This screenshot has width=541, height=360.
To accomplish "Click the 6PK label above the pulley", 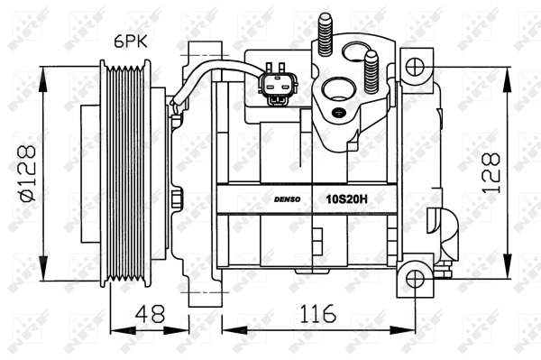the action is click(x=131, y=42).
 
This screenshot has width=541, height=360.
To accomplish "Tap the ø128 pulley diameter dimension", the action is click(x=28, y=173).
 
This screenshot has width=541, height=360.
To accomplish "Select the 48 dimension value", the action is click(x=150, y=313).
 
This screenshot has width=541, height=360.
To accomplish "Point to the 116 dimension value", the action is click(x=317, y=313).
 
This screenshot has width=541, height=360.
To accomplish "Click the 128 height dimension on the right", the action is click(x=491, y=173).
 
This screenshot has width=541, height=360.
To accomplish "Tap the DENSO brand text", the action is click(x=287, y=199).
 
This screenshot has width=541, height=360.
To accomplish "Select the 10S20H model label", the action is click(x=347, y=199).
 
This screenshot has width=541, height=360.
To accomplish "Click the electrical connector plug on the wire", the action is click(x=277, y=84).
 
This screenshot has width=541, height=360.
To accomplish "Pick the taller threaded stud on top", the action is click(x=326, y=33).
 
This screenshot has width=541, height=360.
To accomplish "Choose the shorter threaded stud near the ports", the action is click(x=371, y=72).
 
